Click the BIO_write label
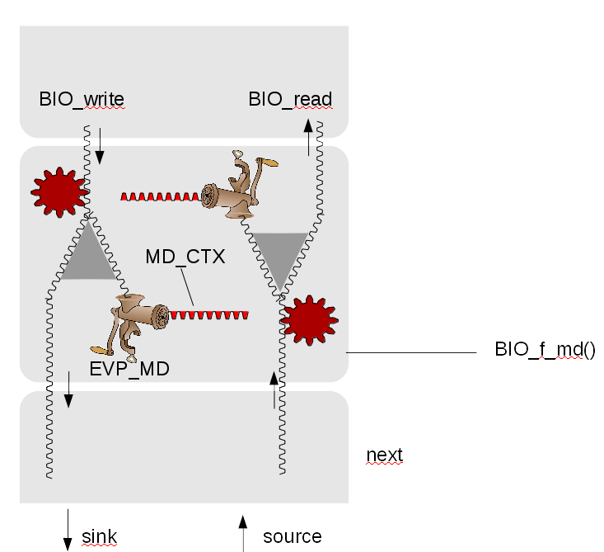pyautogui.click(x=82, y=100)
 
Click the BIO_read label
pyautogui.click(x=290, y=100)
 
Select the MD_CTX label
pyautogui.click(x=185, y=257)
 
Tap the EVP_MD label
pyautogui.click(x=129, y=369)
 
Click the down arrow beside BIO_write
pyautogui.click(x=100, y=145)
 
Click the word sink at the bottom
pyautogui.click(x=101, y=538)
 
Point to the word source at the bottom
pyautogui.click(x=292, y=538)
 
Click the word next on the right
pyautogui.click(x=384, y=455)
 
